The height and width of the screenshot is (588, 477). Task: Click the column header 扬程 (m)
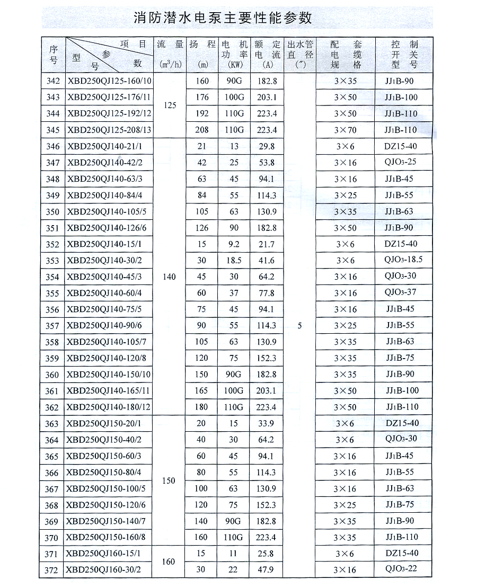202,54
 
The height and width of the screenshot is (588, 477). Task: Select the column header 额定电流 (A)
267,54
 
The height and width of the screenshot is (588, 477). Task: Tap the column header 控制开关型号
404,54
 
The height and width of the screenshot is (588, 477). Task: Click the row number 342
53,81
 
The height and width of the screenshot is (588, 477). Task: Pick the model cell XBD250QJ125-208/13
109,130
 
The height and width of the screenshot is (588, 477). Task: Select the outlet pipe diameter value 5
300,326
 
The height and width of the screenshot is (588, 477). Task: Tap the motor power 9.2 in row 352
234,244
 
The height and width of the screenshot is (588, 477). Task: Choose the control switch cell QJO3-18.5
403,260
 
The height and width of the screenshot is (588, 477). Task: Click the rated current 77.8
267,293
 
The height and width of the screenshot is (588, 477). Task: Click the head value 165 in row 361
201,391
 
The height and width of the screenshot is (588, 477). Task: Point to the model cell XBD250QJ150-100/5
106,488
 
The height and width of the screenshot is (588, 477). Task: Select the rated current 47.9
267,570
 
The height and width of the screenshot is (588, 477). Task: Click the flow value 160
169,562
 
